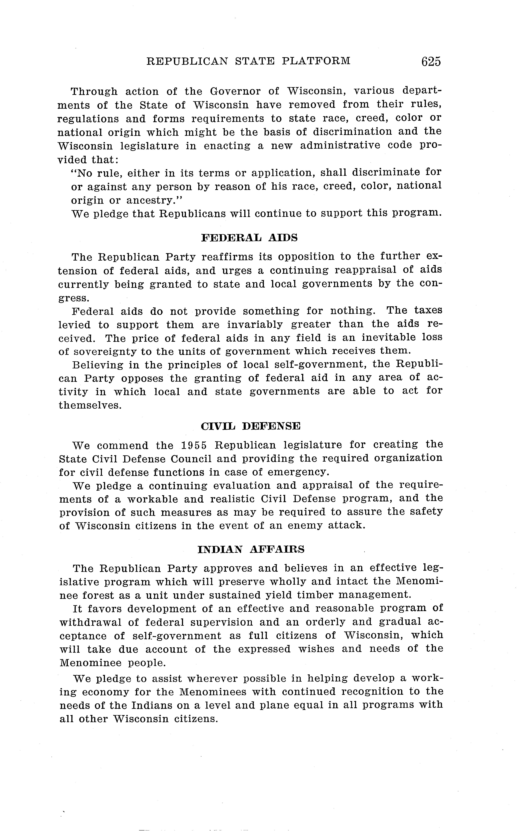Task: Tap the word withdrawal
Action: tap(90, 622)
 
